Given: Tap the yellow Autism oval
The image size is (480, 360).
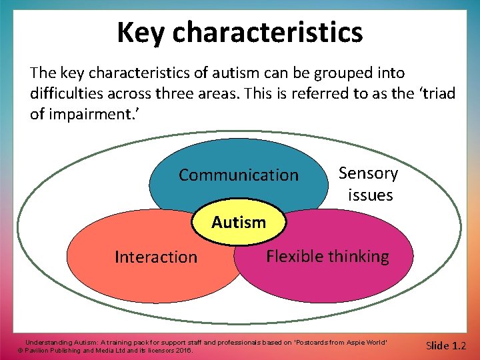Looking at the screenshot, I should (x=239, y=222).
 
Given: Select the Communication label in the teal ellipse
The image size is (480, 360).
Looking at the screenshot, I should (x=239, y=175).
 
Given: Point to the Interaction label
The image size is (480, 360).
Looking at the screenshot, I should (x=156, y=257).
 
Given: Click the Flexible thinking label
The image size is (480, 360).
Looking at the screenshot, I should (x=327, y=256).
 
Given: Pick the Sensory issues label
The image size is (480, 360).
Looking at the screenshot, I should (x=369, y=184).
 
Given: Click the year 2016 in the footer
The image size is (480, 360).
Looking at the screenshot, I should (x=181, y=350).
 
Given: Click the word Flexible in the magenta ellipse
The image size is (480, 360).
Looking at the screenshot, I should (x=294, y=256).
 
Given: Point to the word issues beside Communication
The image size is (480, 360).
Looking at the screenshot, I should (x=370, y=195).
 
